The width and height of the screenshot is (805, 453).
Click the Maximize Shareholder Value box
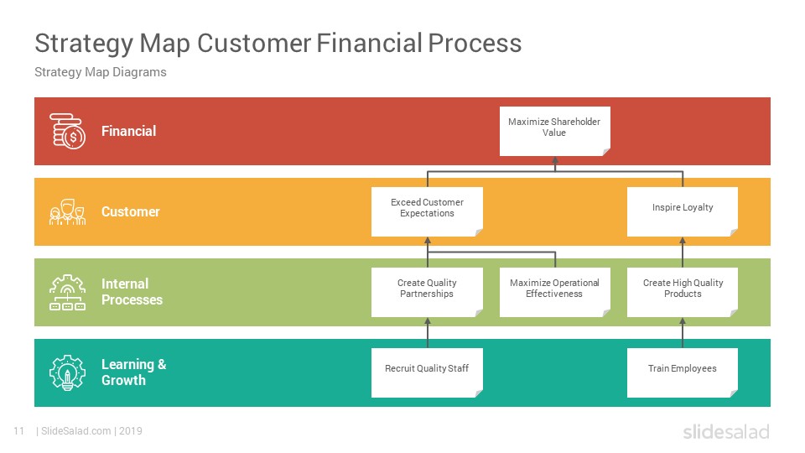[555, 131]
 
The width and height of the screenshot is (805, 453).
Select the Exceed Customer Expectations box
[427, 211]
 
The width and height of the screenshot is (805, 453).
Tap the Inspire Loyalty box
[683, 211]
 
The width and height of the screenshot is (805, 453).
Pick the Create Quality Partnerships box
[427, 292]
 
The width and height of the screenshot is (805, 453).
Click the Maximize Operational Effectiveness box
[555, 292]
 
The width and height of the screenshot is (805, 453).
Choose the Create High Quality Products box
[683, 292]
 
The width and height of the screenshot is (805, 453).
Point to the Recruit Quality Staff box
[427, 372]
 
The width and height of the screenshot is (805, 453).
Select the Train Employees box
[683, 372]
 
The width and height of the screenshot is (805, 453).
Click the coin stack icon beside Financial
[67, 131]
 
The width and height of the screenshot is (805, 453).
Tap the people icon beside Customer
[67, 212]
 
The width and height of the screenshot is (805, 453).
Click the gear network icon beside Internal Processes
[67, 292]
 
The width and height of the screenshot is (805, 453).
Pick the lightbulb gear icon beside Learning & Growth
[67, 372]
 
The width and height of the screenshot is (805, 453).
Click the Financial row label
[128, 131]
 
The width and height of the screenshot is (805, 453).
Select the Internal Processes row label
[132, 292]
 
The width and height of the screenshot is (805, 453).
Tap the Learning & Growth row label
[133, 372]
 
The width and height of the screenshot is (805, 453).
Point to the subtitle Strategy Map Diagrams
[100, 72]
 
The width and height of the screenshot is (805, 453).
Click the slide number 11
[19, 431]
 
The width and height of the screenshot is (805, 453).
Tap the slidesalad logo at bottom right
[726, 431]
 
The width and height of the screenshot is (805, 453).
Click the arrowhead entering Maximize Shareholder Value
[555, 160]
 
